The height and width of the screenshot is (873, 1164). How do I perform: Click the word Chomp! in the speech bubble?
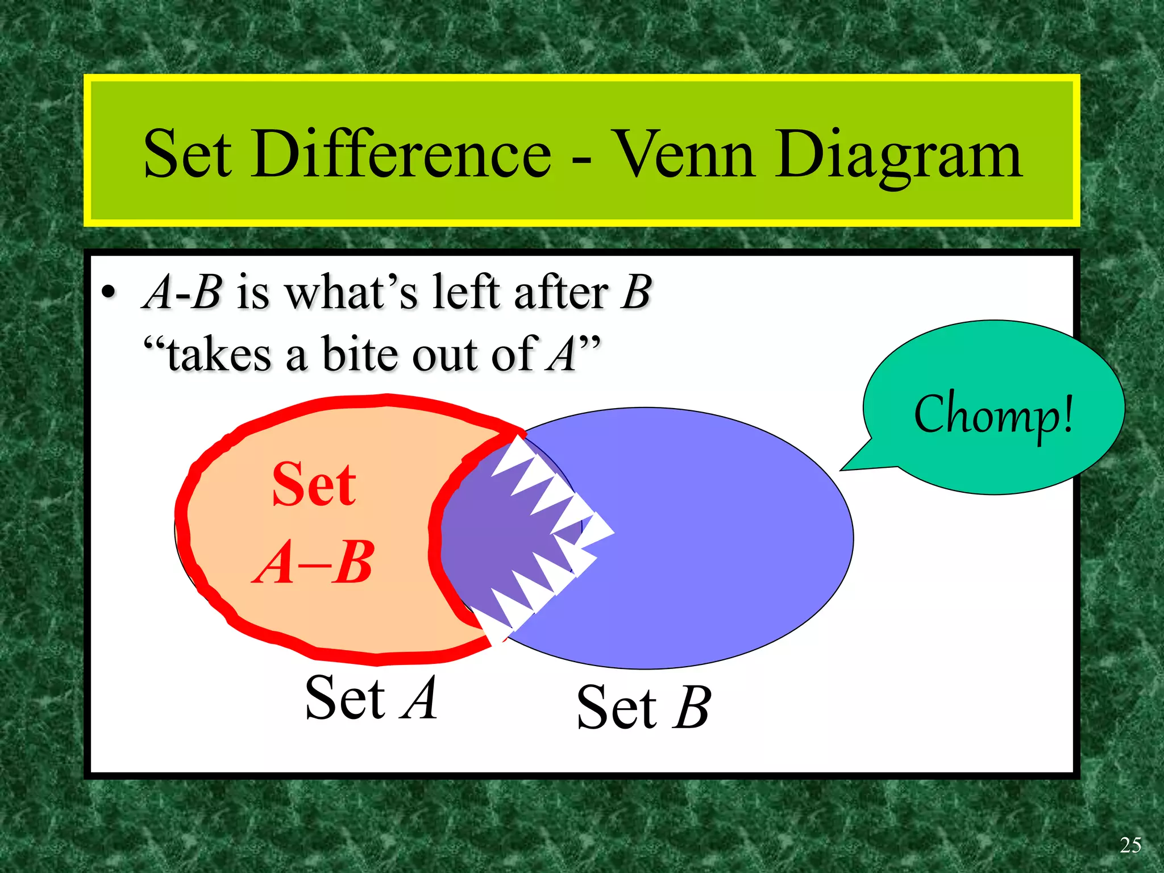pyautogui.click(x=993, y=414)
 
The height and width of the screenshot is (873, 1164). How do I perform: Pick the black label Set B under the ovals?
pyautogui.click(x=643, y=707)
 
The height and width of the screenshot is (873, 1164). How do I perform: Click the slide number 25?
pyautogui.click(x=1130, y=845)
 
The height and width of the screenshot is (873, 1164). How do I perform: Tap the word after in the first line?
pyautogui.click(x=561, y=292)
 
